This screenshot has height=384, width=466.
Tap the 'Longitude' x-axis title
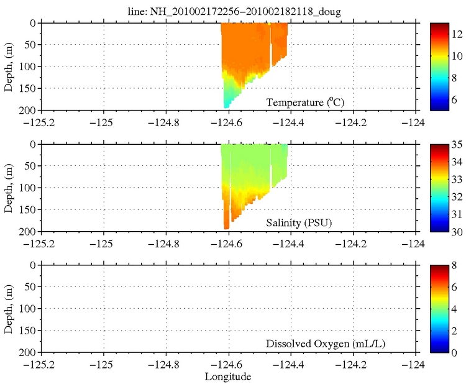(229, 377)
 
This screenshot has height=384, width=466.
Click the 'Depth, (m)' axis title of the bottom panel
(9, 309)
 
